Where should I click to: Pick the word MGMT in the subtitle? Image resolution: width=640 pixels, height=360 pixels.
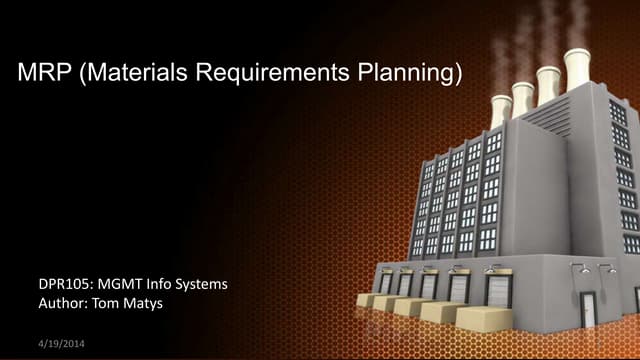point(124,285)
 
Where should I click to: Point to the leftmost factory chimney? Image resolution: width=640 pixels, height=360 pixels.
point(501,110)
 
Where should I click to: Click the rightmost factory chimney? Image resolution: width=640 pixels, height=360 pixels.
point(578,68)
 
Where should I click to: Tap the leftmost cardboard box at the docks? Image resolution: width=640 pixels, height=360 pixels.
point(368,299)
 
